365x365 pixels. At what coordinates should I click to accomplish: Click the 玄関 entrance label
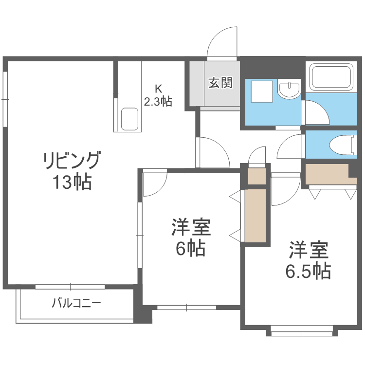220,83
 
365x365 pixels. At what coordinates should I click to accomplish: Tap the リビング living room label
72,160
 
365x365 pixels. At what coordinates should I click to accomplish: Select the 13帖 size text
72,182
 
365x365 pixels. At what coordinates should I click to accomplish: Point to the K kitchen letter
158,89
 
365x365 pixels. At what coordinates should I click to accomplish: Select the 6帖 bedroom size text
190,249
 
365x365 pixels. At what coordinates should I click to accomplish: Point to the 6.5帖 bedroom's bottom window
302,333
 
